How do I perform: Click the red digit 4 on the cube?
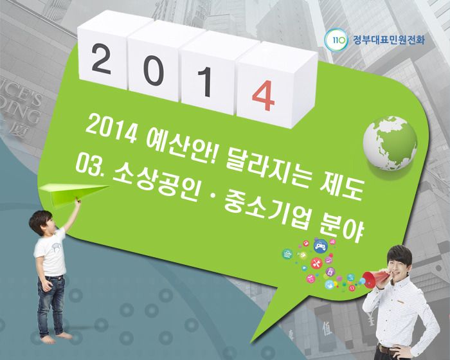click(263, 95)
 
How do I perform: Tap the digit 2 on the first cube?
click(102, 59)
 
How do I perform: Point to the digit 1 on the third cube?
click(206, 81)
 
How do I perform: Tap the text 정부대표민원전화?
click(388, 39)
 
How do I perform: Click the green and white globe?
click(390, 143)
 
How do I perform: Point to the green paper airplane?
click(73, 193)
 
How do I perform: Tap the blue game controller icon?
click(321, 246)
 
